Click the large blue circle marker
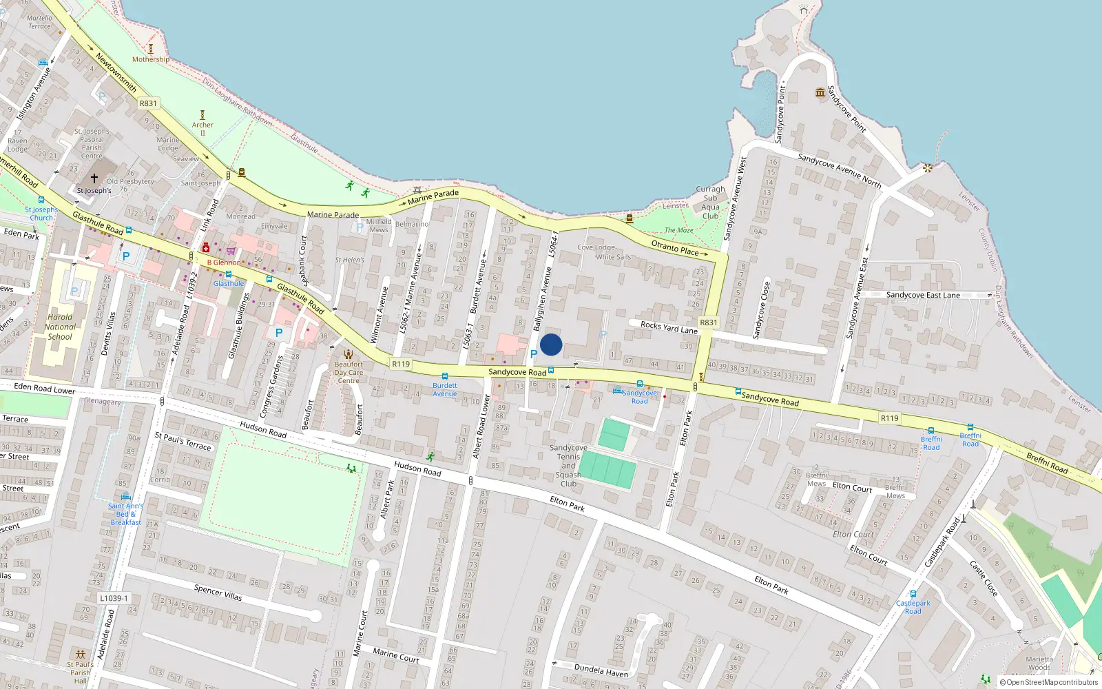551,344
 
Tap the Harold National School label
60,327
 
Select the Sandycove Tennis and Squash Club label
568,466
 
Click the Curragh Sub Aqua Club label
710,203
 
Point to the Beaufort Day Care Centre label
349,373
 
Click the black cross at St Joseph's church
94,178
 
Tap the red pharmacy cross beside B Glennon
205,248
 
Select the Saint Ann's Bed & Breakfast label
125,514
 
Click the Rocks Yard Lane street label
669,327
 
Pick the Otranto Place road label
675,248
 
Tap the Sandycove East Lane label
923,295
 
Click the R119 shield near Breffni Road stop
889,418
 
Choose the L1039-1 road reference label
114,598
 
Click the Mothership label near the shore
151,59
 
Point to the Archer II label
202,128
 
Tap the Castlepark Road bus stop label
913,607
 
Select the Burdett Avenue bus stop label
445,389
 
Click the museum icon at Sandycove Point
820,92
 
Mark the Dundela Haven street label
601,670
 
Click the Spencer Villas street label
218,592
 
